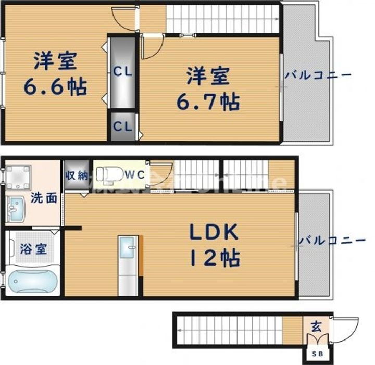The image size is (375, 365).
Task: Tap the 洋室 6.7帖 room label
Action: tap(208, 89)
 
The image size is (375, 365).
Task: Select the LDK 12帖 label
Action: tap(215, 243)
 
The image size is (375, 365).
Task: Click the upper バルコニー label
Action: tap(318, 75)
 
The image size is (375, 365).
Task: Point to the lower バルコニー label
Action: tap(331, 241)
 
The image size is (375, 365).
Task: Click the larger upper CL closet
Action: tap(123, 71)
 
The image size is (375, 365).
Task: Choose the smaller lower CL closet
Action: tap(123, 126)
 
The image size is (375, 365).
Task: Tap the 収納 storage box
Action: tap(76, 175)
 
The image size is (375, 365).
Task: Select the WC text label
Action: tap(136, 175)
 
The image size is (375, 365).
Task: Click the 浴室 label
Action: tap(33, 249)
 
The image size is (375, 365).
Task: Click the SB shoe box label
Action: tap(317, 354)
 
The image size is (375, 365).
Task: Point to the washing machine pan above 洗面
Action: tap(18, 178)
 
